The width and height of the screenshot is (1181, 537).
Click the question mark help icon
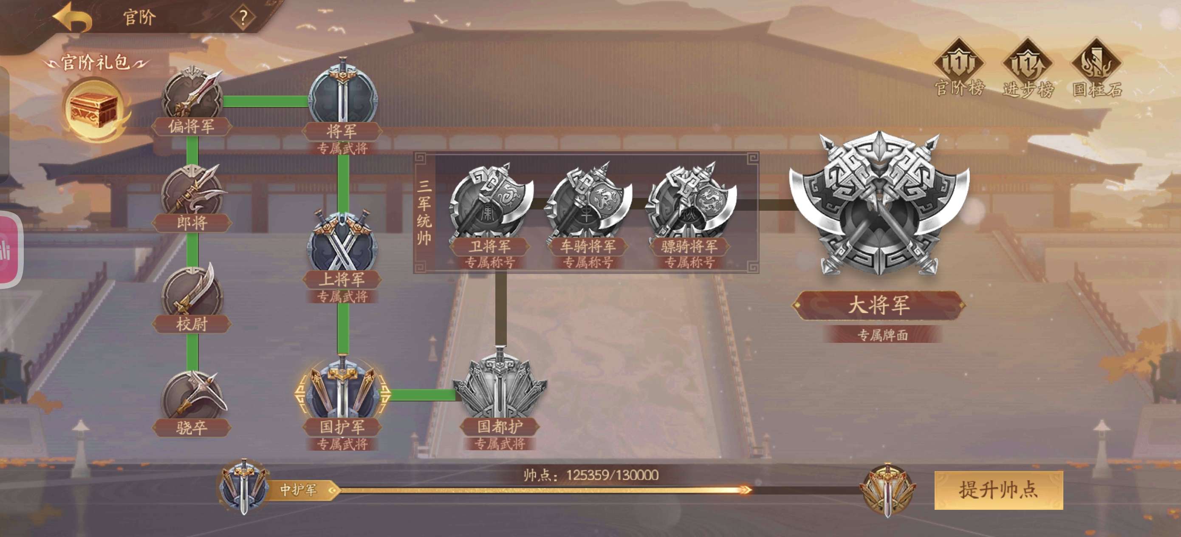click(x=243, y=17)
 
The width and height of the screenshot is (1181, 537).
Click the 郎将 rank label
click(x=192, y=223)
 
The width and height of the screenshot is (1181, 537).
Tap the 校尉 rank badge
click(x=192, y=294)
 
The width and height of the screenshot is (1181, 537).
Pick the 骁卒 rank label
click(x=192, y=428)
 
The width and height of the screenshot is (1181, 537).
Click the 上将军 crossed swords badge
click(x=343, y=243)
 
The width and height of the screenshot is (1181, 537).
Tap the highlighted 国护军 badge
click(x=342, y=392)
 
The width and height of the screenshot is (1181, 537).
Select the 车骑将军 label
click(x=588, y=247)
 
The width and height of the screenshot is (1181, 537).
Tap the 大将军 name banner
click(x=879, y=305)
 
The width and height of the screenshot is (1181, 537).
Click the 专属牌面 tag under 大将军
click(x=882, y=335)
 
